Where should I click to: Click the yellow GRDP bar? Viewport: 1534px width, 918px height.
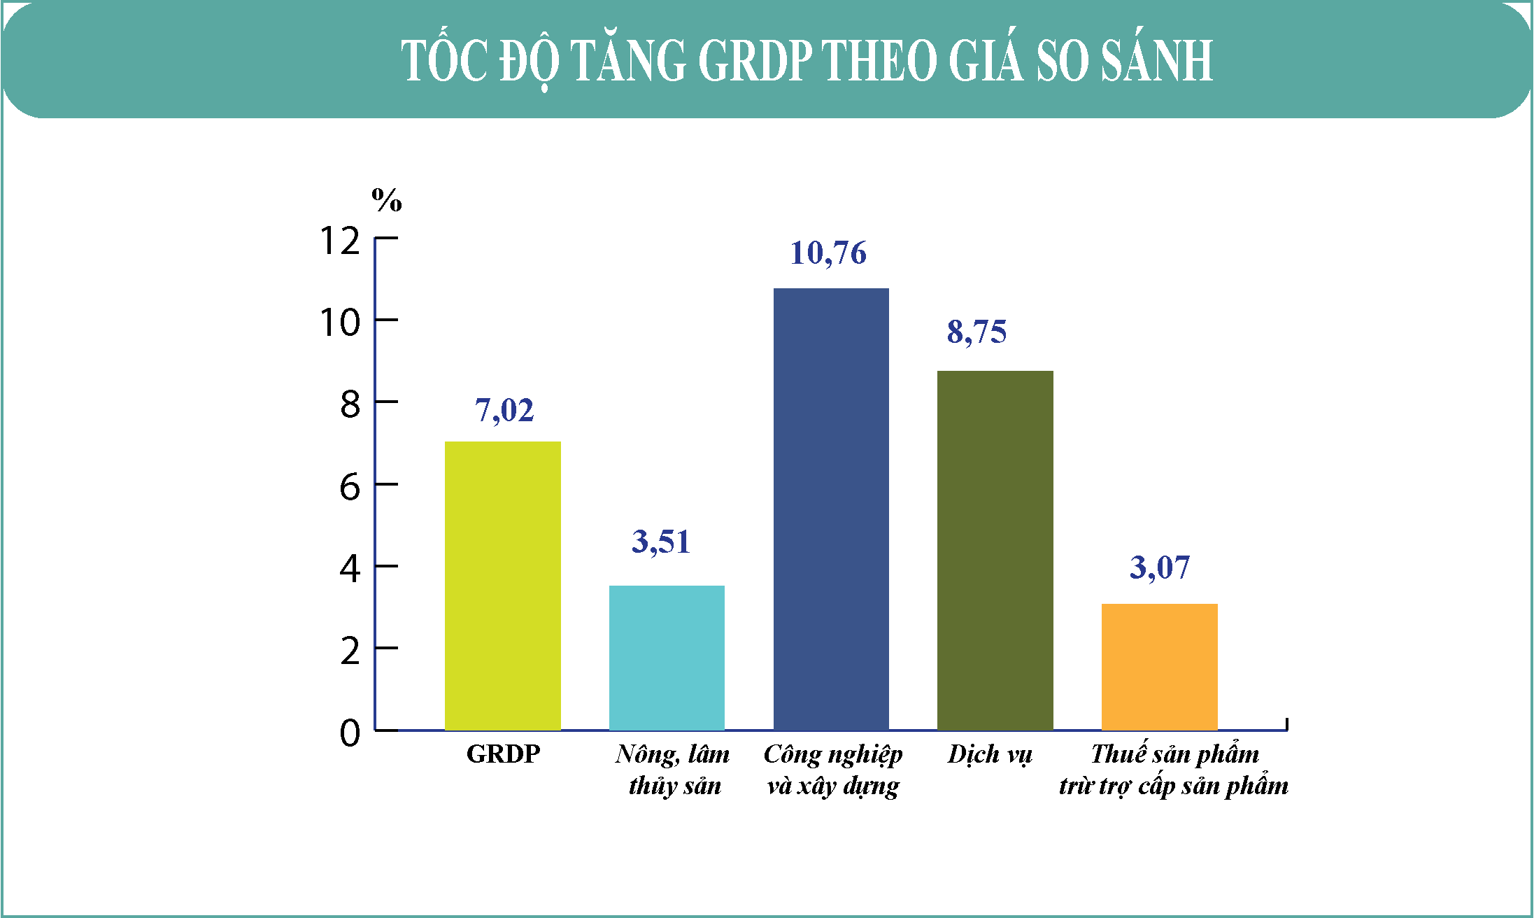coord(503,586)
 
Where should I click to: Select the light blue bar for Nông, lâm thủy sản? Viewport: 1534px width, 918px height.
coord(667,658)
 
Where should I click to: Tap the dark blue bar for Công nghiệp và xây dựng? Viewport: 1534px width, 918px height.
coord(831,509)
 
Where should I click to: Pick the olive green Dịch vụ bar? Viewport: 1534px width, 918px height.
coord(995,551)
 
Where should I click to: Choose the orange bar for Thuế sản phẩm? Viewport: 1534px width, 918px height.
coord(1160,667)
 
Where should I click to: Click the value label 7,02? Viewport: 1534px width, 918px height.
coord(504,411)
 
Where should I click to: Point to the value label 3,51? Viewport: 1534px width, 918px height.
coord(661,542)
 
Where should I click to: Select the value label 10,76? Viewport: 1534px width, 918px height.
coord(828,253)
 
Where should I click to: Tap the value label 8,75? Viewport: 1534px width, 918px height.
coord(977,332)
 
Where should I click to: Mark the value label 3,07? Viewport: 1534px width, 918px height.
coord(1160,567)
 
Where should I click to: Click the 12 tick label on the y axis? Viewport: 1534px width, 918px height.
coord(340,241)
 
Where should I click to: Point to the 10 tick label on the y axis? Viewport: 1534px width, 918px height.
coord(340,323)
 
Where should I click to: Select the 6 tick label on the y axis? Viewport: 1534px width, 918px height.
coord(350,487)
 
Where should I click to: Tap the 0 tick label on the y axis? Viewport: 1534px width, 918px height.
coord(350,733)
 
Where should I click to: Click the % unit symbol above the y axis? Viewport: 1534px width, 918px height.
coord(387,200)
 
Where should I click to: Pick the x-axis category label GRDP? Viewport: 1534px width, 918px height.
coord(504,754)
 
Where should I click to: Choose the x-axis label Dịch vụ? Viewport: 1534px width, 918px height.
coord(990,755)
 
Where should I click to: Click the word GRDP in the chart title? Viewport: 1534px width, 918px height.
coord(755,60)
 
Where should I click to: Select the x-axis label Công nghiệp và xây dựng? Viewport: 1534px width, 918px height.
coord(833,770)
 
